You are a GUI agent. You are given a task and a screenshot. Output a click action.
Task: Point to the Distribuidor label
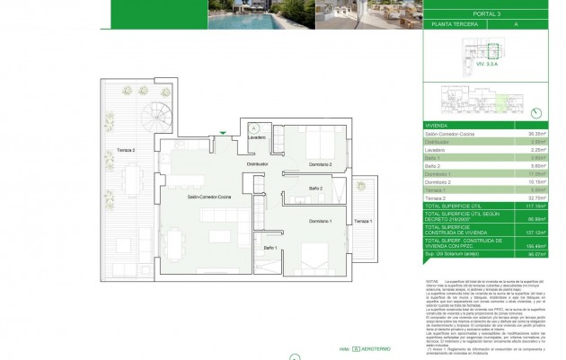(x=260, y=165)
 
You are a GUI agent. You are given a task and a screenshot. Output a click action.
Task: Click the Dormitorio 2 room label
(x=318, y=165)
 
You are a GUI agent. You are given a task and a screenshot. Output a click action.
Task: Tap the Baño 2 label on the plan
(x=315, y=188)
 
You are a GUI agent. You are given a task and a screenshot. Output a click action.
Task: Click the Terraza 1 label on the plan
(x=363, y=221)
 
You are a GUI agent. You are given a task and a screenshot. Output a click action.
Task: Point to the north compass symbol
(x=536, y=112)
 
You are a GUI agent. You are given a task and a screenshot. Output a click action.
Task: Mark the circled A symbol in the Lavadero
(x=254, y=127)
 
